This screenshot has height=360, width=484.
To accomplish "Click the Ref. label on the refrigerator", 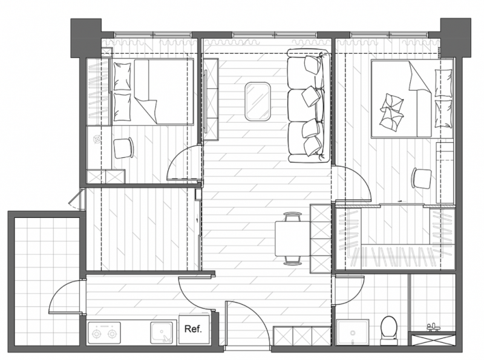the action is (193, 329).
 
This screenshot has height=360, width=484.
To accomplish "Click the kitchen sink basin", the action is (162, 332).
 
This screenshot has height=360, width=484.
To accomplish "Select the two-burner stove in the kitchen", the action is (104, 333).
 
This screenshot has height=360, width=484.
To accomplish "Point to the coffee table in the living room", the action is (258, 100).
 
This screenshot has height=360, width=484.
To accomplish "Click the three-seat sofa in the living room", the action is (307, 106).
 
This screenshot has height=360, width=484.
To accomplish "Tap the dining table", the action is (292, 238).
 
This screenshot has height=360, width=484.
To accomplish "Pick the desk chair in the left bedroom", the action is (123, 148).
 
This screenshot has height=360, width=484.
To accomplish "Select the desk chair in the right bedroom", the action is (421, 178).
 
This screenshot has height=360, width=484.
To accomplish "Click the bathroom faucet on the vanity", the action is (433, 327).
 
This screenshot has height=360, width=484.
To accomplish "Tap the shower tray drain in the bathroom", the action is (353, 333).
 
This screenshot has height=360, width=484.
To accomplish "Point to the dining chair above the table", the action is (292, 217).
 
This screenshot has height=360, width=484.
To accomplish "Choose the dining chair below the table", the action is (292, 260).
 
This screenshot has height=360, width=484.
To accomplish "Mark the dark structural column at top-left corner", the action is (86, 38).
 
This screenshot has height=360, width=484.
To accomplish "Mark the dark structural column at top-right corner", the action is (456, 38).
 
